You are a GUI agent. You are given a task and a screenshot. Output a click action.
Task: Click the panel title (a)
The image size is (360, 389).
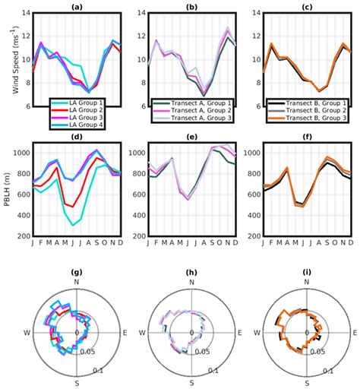77,7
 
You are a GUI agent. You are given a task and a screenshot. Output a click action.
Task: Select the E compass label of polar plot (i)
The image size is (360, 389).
357,333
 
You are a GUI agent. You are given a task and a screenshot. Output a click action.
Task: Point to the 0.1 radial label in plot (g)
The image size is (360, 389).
99,370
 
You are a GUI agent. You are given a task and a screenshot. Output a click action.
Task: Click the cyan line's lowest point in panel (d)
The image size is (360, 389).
74,226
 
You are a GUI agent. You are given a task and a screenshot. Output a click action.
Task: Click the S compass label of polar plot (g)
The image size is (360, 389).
77,384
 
